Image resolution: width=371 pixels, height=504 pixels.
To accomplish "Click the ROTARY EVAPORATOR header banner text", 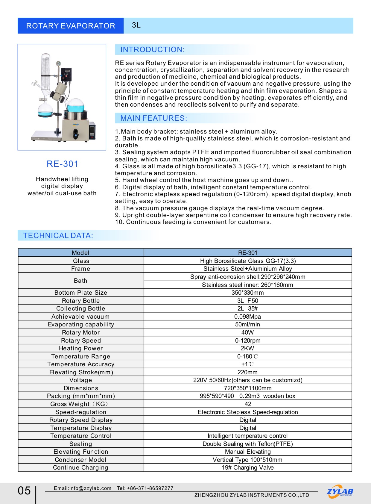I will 71,26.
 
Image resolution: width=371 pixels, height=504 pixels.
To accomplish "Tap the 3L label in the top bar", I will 136,25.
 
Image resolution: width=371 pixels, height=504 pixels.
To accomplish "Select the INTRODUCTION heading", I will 153,50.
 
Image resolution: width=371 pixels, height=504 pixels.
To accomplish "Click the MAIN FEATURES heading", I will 154,118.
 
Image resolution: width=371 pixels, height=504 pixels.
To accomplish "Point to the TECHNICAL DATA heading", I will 58,236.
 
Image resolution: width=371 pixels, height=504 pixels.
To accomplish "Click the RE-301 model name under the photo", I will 63,164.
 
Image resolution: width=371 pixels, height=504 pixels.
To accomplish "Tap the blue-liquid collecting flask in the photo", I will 45,109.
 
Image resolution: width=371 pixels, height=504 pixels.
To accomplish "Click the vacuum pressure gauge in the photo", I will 58,64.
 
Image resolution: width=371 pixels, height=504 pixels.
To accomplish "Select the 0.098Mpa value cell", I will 247,317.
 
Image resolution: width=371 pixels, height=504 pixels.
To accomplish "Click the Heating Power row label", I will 81,348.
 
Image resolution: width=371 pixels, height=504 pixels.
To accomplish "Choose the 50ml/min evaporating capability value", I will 247,324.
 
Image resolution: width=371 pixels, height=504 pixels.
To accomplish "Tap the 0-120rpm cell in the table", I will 247,340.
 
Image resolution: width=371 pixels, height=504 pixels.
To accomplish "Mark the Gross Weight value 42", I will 248,404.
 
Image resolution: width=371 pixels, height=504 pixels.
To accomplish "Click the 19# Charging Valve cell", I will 247,467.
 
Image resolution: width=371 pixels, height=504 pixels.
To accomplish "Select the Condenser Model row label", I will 80,460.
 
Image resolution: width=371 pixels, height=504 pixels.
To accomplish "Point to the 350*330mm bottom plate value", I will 247,293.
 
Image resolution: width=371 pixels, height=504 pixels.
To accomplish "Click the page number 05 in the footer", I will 24,491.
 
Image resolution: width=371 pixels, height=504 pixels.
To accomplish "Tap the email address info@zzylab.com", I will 83,488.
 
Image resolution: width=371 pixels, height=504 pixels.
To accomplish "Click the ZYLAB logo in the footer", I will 340,491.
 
